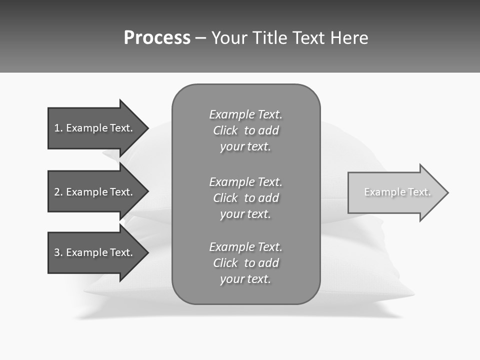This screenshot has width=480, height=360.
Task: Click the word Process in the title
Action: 157,38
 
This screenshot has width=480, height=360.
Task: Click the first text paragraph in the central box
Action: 245,130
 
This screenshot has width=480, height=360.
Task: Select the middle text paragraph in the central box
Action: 245,198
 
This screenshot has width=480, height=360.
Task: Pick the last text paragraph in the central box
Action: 245,263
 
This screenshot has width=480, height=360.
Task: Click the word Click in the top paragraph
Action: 225,131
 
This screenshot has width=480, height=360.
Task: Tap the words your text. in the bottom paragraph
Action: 245,279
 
